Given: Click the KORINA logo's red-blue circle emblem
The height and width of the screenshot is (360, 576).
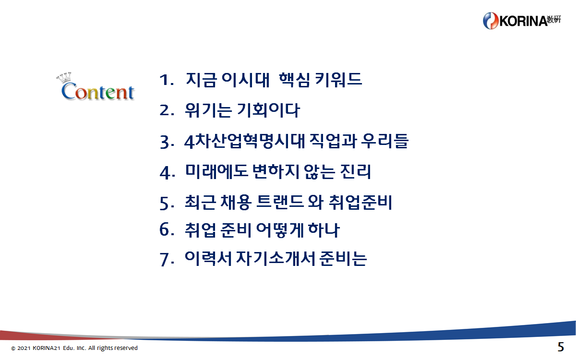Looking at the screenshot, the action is [491, 21].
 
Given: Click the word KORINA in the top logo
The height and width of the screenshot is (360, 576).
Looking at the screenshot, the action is [523, 21].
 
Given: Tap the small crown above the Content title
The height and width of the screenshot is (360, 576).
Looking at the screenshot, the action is [63, 77].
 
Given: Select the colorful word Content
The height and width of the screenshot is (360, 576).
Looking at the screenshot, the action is [98, 91].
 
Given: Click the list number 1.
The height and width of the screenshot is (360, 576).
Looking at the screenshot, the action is [167, 80].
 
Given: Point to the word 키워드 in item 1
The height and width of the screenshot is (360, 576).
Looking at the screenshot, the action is [338, 80].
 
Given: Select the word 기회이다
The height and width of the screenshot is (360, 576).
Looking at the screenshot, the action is [268, 110].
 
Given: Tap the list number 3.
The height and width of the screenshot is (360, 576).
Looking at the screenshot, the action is [167, 142].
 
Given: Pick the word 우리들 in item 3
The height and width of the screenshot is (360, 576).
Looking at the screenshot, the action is [385, 142].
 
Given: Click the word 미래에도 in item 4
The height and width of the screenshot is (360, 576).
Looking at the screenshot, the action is [217, 171].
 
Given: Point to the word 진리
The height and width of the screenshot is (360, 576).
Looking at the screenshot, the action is [355, 171].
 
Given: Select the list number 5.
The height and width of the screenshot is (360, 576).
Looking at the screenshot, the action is [167, 204].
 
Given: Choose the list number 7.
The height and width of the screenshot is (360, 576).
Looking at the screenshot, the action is [167, 260].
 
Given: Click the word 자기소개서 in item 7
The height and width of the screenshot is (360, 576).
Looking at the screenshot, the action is [276, 258].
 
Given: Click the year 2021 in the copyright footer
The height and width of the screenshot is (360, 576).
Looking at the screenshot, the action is [24, 348].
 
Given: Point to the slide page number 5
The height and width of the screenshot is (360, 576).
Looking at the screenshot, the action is [561, 347].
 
